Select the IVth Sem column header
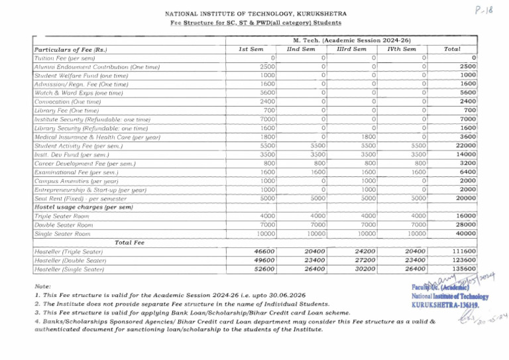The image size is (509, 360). [x=402, y=49]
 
